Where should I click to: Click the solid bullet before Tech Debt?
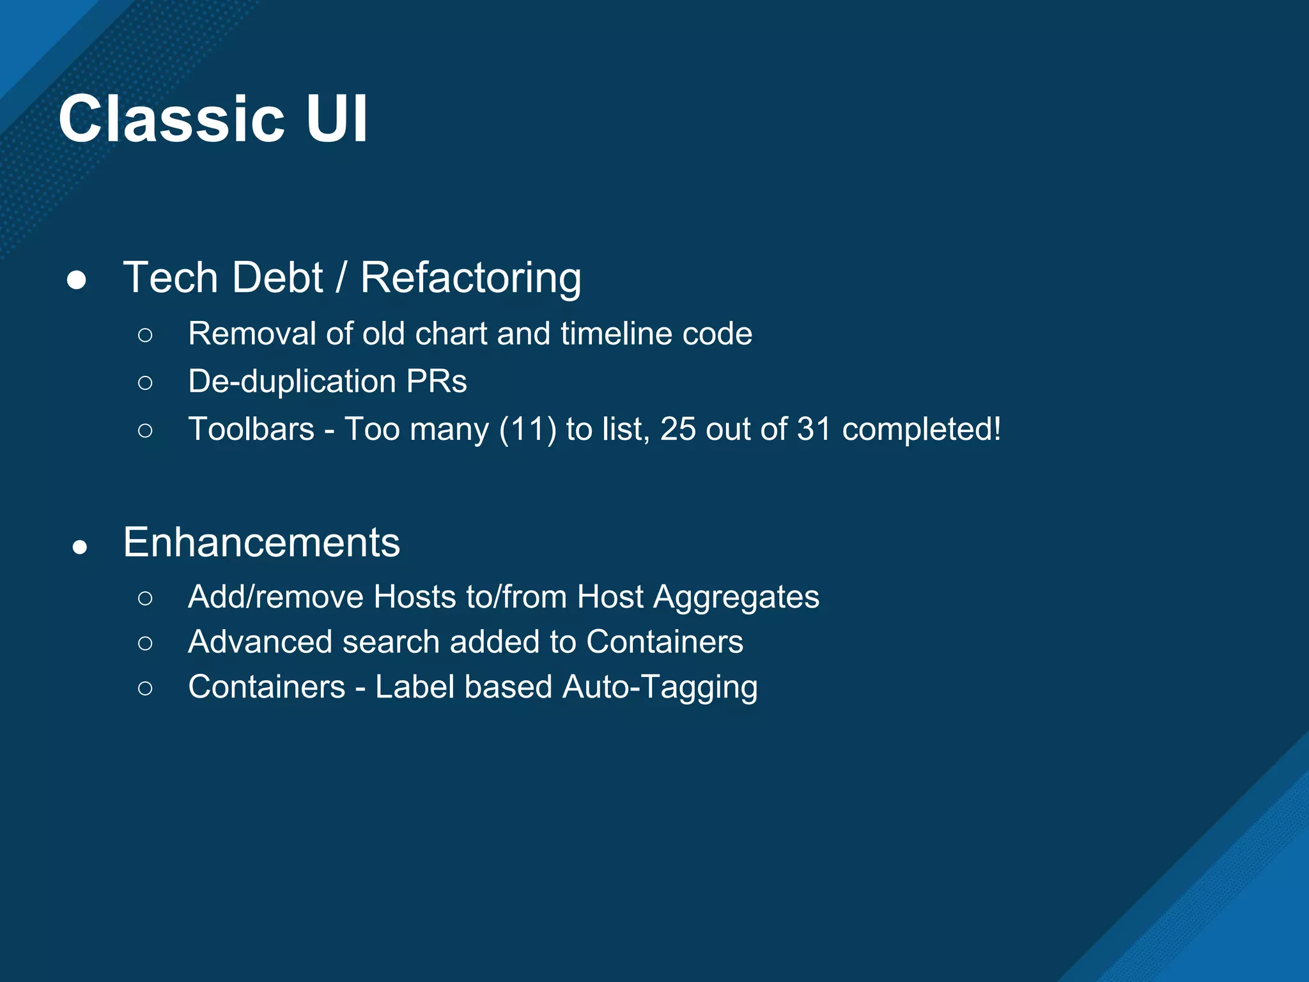tap(77, 280)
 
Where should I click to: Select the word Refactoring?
tap(470, 279)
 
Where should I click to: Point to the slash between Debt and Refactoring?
tap(341, 279)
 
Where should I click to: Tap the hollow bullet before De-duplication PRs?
tap(145, 382)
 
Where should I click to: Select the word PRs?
tap(437, 382)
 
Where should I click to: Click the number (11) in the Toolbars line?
tap(527, 429)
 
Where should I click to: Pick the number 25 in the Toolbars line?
tap(678, 429)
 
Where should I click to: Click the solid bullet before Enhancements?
tap(80, 547)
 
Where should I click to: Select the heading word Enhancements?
tap(261, 543)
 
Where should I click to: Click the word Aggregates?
tap(736, 598)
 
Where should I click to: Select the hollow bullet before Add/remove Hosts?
tap(145, 598)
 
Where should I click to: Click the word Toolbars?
tap(251, 429)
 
